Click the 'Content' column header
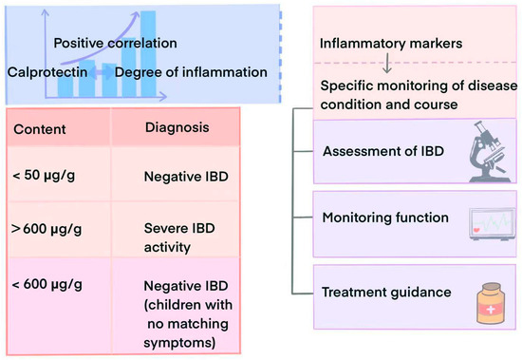click(x=43, y=126)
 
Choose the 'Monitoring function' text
click(x=385, y=218)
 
